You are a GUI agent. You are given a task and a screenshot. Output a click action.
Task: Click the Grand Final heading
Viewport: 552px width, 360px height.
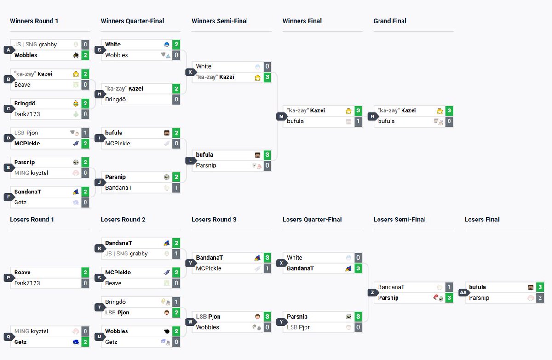390,21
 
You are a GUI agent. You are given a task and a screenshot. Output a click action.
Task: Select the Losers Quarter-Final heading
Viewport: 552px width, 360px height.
312,220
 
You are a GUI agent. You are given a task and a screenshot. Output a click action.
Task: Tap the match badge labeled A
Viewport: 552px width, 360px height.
9,50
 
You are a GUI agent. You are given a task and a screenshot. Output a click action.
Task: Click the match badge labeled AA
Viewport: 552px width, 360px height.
464,292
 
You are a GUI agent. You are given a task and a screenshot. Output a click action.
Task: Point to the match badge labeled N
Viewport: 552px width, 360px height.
372,116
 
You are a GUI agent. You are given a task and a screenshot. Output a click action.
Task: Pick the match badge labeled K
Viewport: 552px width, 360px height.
190,72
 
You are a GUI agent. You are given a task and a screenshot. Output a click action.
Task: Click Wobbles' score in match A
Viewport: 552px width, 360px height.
85,55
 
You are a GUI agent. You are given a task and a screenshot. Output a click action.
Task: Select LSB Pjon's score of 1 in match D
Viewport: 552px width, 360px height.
85,133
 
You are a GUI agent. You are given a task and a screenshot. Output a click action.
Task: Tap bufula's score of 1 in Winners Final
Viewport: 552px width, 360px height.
358,122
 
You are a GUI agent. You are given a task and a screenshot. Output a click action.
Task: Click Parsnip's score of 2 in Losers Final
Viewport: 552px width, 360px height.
540,298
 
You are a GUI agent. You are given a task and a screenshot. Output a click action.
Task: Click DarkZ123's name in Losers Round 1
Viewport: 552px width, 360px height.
27,283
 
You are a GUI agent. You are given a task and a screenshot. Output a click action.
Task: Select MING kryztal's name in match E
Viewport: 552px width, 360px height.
31,173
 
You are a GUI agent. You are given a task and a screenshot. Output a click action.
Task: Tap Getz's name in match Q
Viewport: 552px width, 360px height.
20,342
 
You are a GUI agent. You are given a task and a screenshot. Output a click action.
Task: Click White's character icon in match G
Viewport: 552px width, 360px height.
167,45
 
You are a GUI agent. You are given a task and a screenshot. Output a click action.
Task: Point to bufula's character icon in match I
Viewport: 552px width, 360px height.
167,133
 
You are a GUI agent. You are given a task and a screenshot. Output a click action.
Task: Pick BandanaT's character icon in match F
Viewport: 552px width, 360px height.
75,192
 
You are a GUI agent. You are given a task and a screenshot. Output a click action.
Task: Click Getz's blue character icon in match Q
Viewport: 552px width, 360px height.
75,342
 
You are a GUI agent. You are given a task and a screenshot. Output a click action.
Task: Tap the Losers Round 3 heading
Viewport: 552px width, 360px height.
214,220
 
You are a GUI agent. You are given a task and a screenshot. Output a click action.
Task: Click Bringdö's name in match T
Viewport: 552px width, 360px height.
115,302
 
